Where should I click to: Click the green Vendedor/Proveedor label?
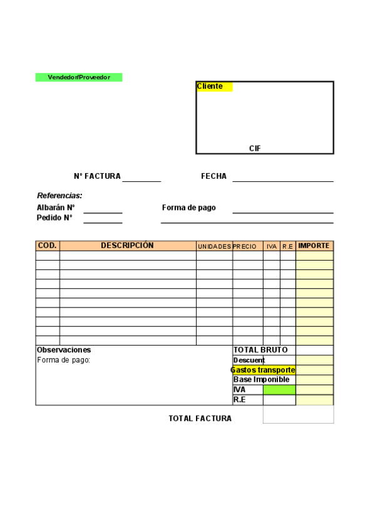point(79,77)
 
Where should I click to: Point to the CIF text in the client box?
point(255,149)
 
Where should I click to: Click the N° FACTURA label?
point(97,176)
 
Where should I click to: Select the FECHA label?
point(213,176)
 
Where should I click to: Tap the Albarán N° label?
point(56,207)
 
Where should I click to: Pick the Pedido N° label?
point(54,218)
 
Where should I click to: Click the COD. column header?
point(48,246)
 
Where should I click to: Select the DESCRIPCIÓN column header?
point(127,246)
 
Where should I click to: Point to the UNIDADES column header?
point(214,247)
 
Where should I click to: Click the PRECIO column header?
point(245,247)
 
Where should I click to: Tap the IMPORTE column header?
point(314,246)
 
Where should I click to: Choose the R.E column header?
point(287,247)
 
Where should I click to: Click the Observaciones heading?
point(64,350)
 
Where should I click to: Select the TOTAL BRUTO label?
point(260,350)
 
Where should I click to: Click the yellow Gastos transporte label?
point(263,370)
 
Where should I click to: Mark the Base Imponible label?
point(261,379)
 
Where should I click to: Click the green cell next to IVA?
point(279,389)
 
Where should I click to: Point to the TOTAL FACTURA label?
point(200,419)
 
